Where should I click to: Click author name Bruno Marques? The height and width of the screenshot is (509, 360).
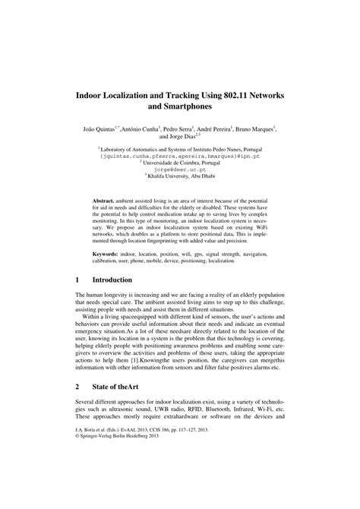tap(256, 131)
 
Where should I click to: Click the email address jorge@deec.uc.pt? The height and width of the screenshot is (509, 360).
tap(180, 171)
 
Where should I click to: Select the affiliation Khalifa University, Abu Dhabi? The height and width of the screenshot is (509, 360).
tap(182, 178)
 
